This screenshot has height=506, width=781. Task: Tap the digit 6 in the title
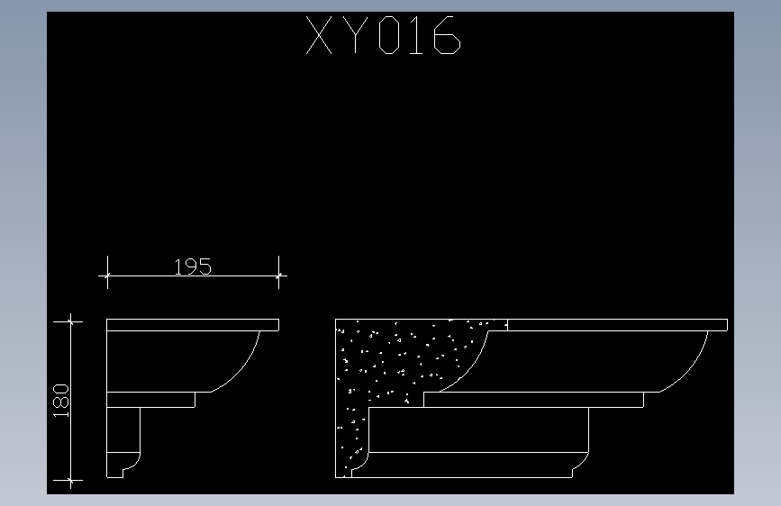(x=445, y=37)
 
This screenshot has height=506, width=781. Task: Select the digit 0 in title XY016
(x=389, y=37)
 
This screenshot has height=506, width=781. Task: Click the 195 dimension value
(x=193, y=267)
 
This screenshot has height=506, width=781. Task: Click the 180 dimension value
(x=61, y=401)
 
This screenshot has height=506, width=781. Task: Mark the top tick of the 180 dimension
(x=70, y=320)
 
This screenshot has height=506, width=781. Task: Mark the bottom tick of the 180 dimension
(x=70, y=482)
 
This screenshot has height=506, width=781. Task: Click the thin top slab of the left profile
(x=192, y=325)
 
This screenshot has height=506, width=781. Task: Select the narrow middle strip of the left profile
(x=150, y=399)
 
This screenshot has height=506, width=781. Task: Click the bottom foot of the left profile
(x=121, y=464)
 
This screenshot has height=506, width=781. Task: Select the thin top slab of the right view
(x=617, y=325)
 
